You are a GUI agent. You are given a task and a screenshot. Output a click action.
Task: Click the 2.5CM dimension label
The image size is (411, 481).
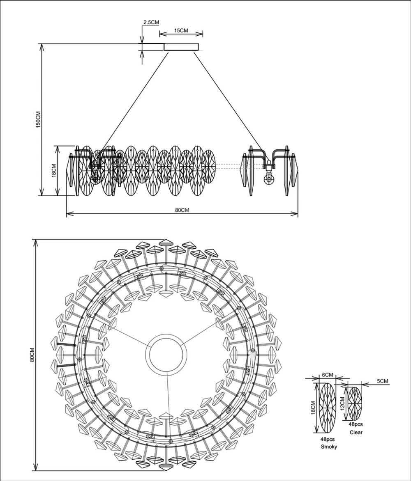pyautogui.click(x=151, y=22)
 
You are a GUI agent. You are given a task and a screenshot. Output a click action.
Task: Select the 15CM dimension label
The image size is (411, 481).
pyautogui.click(x=181, y=31)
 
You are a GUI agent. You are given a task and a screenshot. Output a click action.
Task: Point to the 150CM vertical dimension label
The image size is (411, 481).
pyautogui.click(x=38, y=119)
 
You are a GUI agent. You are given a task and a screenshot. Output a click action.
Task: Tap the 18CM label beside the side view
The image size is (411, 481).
pyautogui.click(x=53, y=170)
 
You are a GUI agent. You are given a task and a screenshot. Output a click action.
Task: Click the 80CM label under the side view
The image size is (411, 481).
pyautogui.click(x=182, y=210)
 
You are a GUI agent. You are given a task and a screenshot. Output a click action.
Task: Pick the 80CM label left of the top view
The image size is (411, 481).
pyautogui.click(x=32, y=355)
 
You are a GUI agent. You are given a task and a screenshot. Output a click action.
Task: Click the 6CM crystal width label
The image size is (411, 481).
pyautogui.click(x=328, y=375)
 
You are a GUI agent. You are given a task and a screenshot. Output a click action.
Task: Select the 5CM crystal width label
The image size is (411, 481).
pyautogui.click(x=382, y=381)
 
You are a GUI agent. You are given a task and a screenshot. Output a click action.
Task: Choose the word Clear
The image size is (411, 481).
pyautogui.click(x=356, y=433)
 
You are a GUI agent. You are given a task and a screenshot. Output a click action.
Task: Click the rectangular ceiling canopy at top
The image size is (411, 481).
pyautogui.click(x=181, y=47)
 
